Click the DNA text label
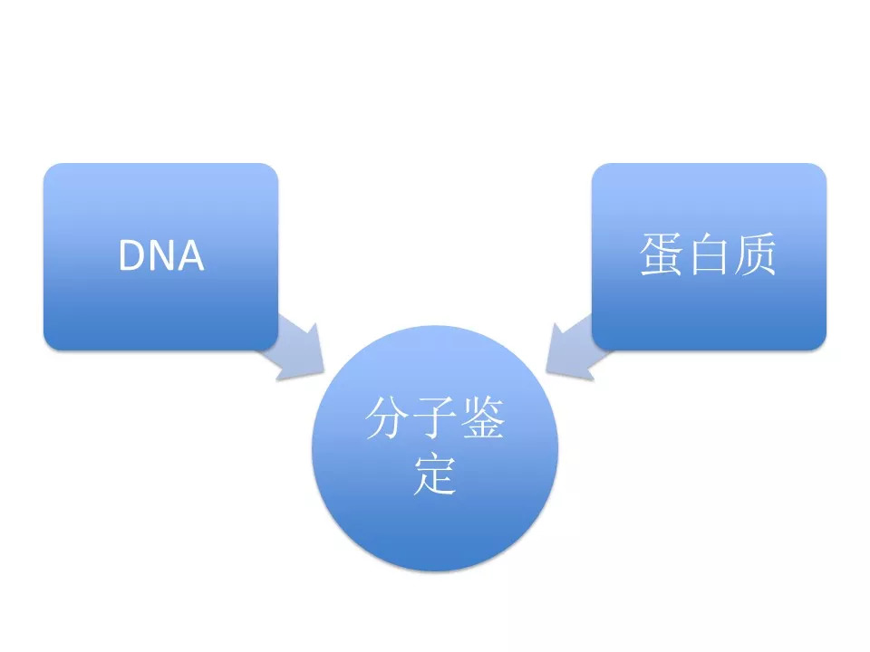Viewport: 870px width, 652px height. click(161, 255)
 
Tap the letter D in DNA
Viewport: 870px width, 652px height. click(130, 255)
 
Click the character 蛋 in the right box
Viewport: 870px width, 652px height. click(661, 254)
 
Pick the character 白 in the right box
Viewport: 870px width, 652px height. click(708, 254)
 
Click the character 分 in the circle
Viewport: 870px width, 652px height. click(386, 418)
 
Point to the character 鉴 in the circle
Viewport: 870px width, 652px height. click(483, 418)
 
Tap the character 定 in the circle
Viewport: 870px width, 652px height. click(435, 475)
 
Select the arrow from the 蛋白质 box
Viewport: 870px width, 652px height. click(575, 350)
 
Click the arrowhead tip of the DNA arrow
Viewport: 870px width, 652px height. click(324, 372)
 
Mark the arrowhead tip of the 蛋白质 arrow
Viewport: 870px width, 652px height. click(546, 372)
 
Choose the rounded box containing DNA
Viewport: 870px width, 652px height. click(161, 256)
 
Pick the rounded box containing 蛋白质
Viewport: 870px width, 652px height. click(709, 256)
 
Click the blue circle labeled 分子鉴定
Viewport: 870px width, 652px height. click(435, 448)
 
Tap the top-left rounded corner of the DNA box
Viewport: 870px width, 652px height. click(49, 168)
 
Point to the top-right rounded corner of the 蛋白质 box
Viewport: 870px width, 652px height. click(821, 168)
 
